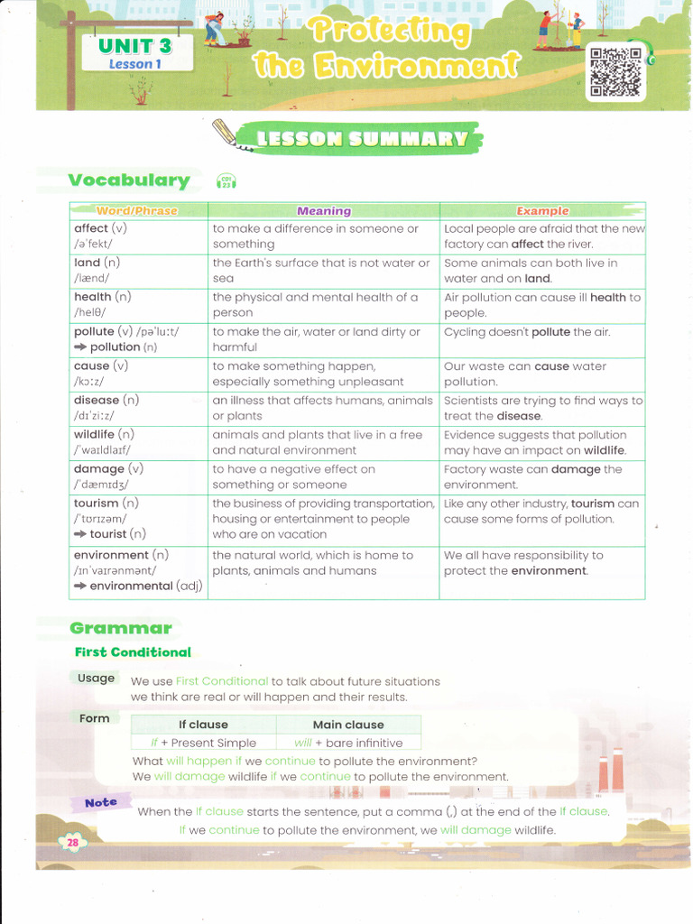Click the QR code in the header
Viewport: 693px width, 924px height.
pos(615,72)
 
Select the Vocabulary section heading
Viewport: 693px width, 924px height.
pos(129,180)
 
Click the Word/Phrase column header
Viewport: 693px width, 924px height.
pos(137,211)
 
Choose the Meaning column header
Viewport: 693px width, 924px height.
pos(324,211)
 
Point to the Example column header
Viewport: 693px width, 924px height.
pos(542,211)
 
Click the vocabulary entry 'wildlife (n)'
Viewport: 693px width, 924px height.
pos(104,435)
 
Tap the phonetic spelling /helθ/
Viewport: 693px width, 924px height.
pos(90,312)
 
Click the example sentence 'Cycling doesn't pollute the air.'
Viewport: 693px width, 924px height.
pos(527,332)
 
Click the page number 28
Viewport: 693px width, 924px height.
pos(73,843)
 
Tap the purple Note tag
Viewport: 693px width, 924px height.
pos(101,802)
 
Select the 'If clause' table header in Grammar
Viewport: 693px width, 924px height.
pos(203,725)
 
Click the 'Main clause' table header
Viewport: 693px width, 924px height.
pos(348,725)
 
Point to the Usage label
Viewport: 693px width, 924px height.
pos(96,679)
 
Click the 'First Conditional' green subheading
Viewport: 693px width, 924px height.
pos(133,652)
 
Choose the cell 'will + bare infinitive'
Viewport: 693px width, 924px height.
pos(348,743)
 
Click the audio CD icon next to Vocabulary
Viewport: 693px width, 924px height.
pos(226,181)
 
